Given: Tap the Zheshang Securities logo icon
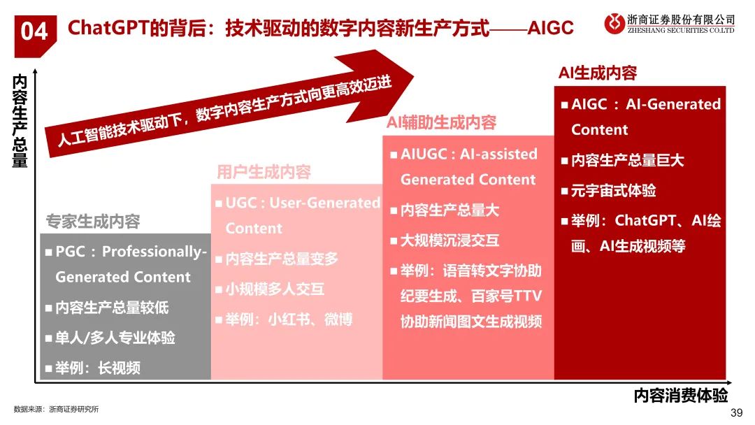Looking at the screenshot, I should point(614,24).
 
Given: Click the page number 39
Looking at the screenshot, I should point(735,413).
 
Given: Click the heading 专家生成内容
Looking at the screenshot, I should point(93,222).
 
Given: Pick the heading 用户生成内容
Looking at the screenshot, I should point(264,172).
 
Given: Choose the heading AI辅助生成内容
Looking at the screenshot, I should point(441,123).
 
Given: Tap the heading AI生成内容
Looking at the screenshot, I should point(597,73).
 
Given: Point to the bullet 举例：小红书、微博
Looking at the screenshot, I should point(289,319).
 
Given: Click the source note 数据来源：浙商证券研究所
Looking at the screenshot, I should point(57,409).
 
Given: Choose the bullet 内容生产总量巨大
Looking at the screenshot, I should point(627,160).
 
